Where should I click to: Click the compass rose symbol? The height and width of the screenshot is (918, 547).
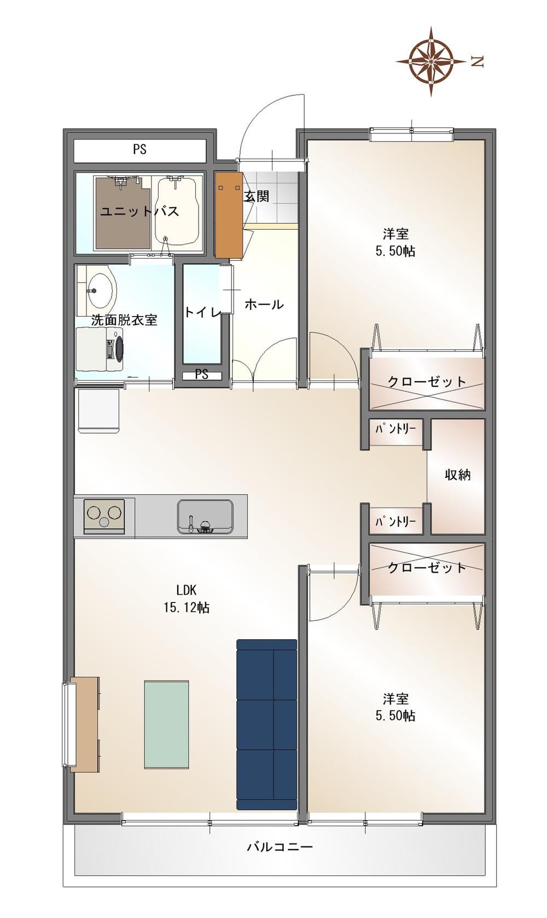tap(431, 61)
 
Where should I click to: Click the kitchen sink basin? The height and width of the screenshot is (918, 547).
tap(205, 516)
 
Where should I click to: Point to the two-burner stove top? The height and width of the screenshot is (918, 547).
tap(104, 516)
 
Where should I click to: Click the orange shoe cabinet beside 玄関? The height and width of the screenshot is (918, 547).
tap(229, 215)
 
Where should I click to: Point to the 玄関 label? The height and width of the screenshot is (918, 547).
tap(257, 196)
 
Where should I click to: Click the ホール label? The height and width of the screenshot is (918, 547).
tap(264, 305)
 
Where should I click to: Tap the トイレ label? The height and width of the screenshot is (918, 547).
tap(202, 312)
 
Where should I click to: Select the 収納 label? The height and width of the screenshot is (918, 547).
tap(458, 475)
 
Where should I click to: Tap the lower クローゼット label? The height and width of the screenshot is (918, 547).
tap(427, 568)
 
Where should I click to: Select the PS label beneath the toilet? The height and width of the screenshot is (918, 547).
tap(201, 374)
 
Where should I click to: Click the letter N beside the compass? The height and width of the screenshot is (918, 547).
tap(478, 62)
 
